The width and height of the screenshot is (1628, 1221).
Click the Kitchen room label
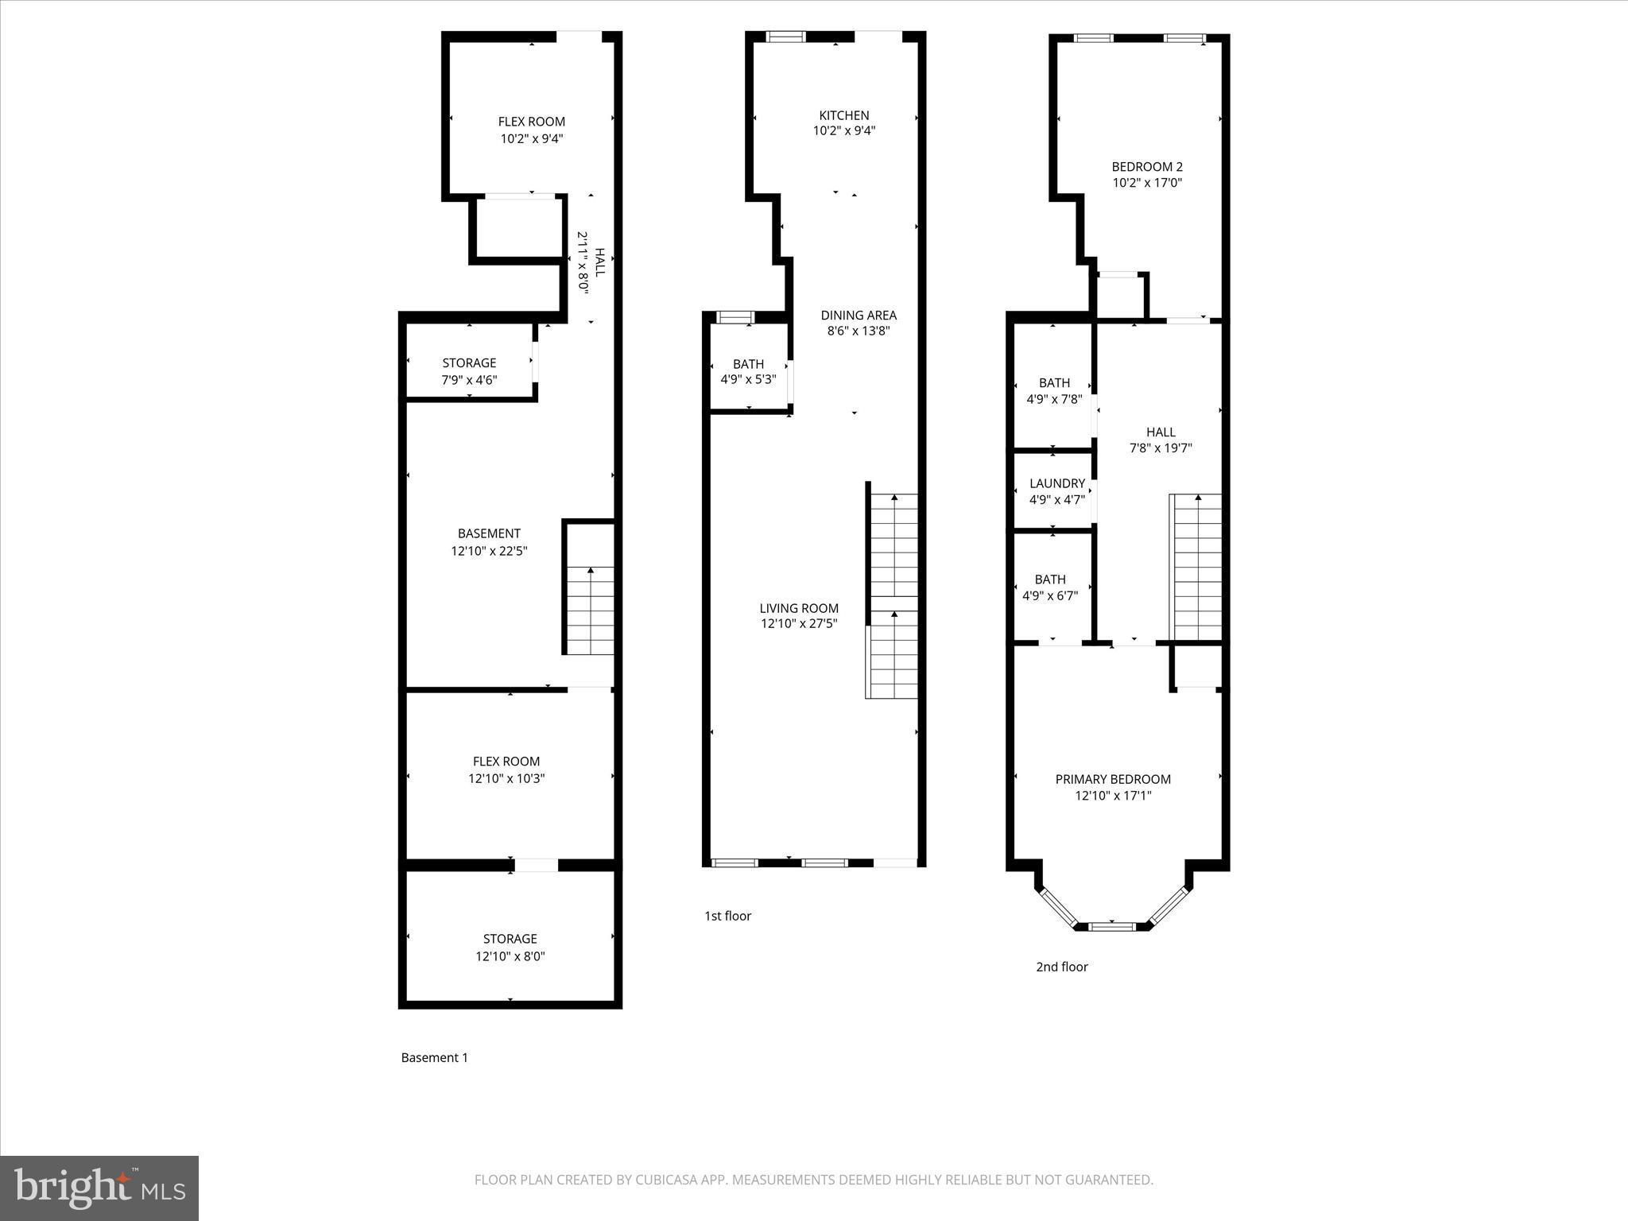pyautogui.click(x=844, y=115)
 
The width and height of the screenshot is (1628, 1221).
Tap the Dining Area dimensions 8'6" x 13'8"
pyautogui.click(x=859, y=331)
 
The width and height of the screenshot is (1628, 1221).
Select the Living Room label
pyautogui.click(x=799, y=608)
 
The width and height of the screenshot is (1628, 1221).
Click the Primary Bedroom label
pyautogui.click(x=1113, y=779)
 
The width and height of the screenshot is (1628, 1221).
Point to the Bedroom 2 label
pyautogui.click(x=1147, y=167)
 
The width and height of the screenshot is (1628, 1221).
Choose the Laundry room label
pyautogui.click(x=1056, y=483)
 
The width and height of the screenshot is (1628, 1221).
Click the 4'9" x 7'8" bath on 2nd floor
pyautogui.click(x=1054, y=391)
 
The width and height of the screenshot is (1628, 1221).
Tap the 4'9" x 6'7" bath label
pyautogui.click(x=1050, y=595)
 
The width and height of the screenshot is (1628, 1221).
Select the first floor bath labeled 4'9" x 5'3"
pyautogui.click(x=748, y=371)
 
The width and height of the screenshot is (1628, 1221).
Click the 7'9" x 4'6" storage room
pyautogui.click(x=469, y=371)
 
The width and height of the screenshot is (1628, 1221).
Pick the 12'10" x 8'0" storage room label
pyautogui.click(x=510, y=948)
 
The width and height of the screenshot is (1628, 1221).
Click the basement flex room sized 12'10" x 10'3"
pyautogui.click(x=506, y=769)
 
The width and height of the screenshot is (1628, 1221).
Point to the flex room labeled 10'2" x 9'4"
pyautogui.click(x=532, y=130)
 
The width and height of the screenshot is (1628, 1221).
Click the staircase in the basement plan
pyautogui.click(x=590, y=610)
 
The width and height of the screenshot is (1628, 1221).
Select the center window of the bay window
pyautogui.click(x=1111, y=926)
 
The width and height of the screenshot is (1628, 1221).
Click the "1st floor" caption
pyautogui.click(x=727, y=916)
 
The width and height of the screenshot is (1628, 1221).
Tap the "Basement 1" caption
pyautogui.click(x=434, y=1057)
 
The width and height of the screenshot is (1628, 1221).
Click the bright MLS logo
pyautogui.click(x=99, y=1188)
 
